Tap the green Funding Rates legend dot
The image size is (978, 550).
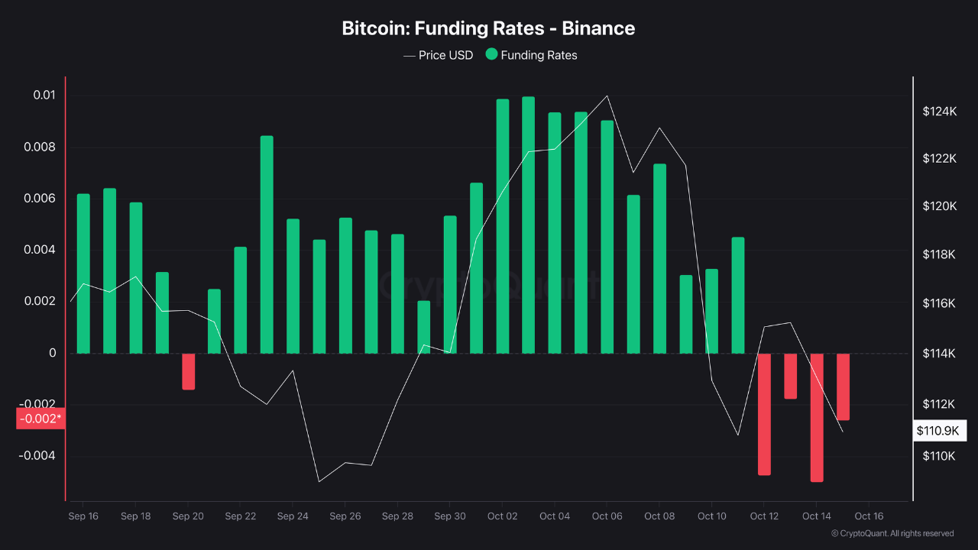click(x=491, y=54)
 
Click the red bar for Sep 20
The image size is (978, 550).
click(x=188, y=371)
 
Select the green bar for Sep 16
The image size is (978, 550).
click(x=83, y=273)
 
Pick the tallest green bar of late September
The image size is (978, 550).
click(x=267, y=244)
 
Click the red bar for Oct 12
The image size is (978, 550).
click(x=764, y=414)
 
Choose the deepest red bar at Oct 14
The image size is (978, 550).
click(x=817, y=417)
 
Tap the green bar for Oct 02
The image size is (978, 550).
click(x=502, y=226)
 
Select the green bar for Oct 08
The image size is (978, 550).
click(x=659, y=258)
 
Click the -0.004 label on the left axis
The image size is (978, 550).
click(x=38, y=456)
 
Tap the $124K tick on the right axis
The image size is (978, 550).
click(x=939, y=112)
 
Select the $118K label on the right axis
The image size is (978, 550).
click(x=939, y=254)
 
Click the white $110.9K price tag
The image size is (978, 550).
click(x=938, y=431)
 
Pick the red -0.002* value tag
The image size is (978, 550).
click(x=40, y=419)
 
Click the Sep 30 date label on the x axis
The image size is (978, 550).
click(x=449, y=516)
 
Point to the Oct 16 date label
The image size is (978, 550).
click(x=869, y=516)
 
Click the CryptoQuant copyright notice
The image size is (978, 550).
click(x=892, y=533)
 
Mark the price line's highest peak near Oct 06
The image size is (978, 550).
click(x=607, y=96)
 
